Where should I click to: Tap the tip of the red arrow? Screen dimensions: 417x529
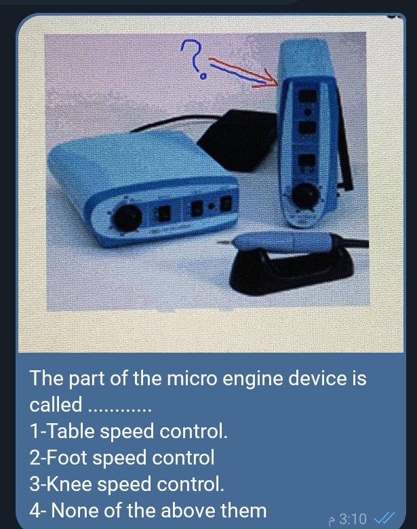277,83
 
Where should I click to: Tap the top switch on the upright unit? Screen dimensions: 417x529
308,96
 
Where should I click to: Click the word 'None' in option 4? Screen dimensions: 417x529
75,511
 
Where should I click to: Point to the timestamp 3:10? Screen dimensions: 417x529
352,518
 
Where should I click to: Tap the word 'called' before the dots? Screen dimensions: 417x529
56,404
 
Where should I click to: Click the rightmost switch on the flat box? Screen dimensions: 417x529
225,203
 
